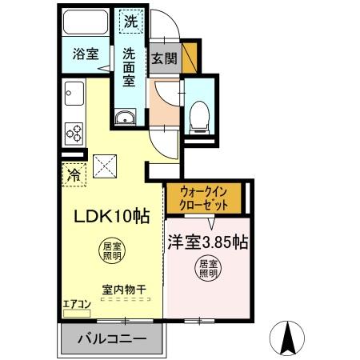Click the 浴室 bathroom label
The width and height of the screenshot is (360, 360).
[x=86, y=54]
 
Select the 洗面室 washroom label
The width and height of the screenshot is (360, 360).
[x=130, y=67]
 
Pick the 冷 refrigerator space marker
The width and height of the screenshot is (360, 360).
[x=74, y=173]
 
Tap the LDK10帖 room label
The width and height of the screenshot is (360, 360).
[x=112, y=216]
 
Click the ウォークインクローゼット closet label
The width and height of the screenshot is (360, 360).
[x=204, y=198]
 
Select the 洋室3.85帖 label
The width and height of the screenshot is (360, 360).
[x=206, y=242]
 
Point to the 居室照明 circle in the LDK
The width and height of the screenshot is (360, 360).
[x=111, y=252]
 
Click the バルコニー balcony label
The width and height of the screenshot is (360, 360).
[x=111, y=339]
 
